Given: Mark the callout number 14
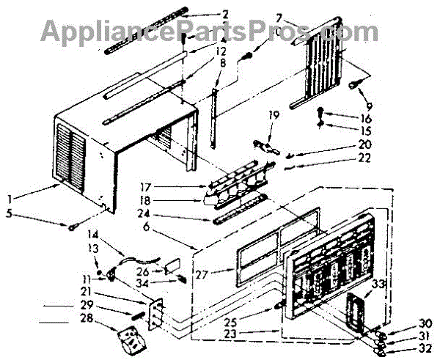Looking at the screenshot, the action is (93, 235).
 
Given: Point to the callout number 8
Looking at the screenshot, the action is (221, 64).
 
